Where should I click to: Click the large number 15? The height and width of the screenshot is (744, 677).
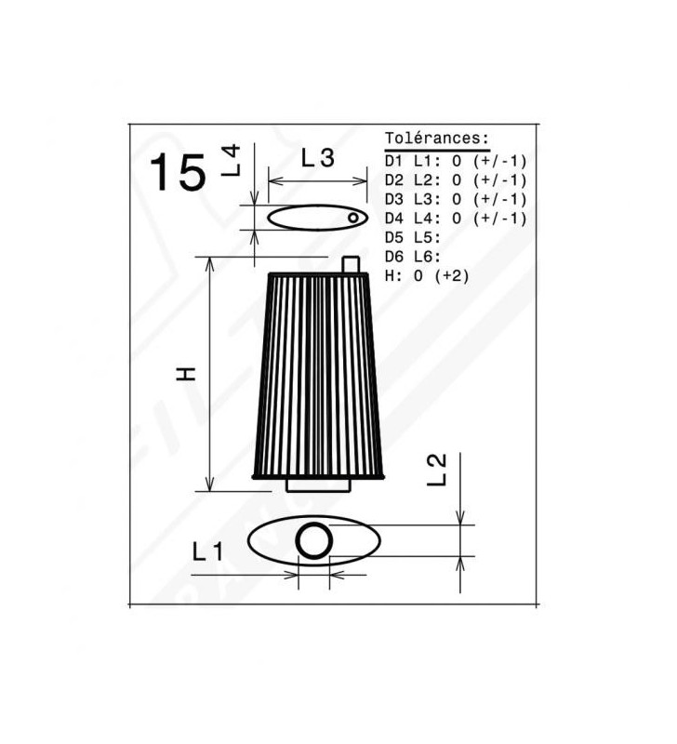[179, 172]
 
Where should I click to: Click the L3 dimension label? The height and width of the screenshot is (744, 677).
[318, 158]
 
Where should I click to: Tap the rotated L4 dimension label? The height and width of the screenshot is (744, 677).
[232, 161]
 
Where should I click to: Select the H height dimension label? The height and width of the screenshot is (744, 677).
[186, 374]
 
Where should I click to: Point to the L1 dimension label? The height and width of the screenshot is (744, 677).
[207, 551]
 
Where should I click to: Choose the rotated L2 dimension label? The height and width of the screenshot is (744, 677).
[437, 470]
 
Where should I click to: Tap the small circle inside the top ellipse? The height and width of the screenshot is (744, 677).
[353, 218]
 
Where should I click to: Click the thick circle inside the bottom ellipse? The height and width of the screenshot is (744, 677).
[314, 540]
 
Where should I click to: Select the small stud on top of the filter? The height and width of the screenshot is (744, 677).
[352, 264]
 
